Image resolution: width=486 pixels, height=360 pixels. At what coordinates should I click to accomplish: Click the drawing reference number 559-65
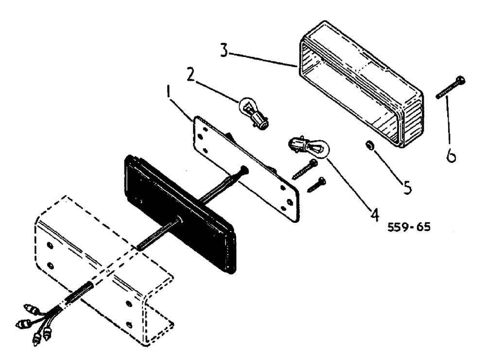[409, 227]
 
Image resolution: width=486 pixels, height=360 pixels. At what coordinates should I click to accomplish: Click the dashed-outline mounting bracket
[102, 272]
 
